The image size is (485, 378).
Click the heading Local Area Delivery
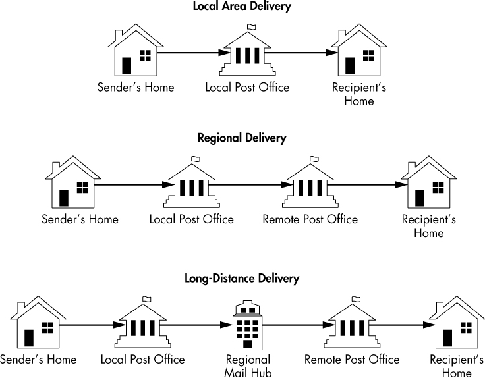[x=242, y=7]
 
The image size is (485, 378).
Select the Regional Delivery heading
[x=242, y=138]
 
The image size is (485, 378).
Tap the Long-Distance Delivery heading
[x=242, y=278]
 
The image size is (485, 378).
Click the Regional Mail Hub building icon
[x=247, y=327]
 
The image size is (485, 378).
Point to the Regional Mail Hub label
[x=248, y=365]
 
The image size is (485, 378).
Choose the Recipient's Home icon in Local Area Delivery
[x=357, y=52]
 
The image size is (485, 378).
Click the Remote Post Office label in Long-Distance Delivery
[x=352, y=360]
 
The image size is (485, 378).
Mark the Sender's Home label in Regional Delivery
[x=80, y=219]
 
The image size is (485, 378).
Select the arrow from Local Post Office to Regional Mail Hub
[x=204, y=325]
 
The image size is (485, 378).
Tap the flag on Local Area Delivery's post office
[x=251, y=26]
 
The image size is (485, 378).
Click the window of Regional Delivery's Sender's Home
[x=82, y=186]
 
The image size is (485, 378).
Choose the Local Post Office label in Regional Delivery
[x=191, y=219]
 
